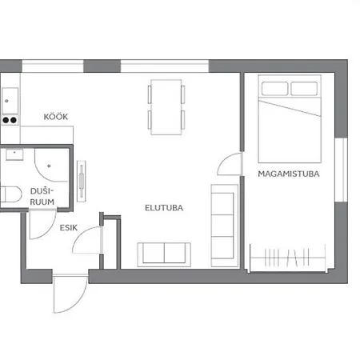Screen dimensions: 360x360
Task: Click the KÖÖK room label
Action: (x=56, y=117)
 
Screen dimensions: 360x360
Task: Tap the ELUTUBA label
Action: (x=164, y=208)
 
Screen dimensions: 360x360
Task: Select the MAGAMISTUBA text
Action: (x=289, y=174)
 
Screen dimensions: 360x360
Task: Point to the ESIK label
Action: (x=69, y=228)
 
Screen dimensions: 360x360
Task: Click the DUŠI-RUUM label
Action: (x=42, y=197)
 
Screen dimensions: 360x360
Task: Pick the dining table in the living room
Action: (x=166, y=107)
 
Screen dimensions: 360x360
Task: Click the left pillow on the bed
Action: (x=274, y=89)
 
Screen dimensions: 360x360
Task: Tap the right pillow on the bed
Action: (x=304, y=89)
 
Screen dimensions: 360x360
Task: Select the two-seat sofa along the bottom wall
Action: (x=164, y=254)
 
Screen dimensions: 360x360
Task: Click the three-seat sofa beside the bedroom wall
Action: (x=225, y=226)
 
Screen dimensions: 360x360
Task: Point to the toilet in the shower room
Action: (x=10, y=194)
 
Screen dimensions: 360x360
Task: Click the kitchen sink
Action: (x=10, y=101)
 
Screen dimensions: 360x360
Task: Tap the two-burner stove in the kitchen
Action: (x=10, y=121)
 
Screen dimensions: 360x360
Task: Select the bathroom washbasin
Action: (x=14, y=154)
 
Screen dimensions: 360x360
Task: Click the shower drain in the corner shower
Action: (x=49, y=166)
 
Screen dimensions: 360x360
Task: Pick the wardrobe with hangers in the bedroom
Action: (x=288, y=258)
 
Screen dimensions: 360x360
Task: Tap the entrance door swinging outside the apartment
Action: (x=70, y=294)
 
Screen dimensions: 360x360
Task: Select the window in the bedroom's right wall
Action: (x=342, y=170)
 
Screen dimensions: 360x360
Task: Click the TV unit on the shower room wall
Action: (x=82, y=181)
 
